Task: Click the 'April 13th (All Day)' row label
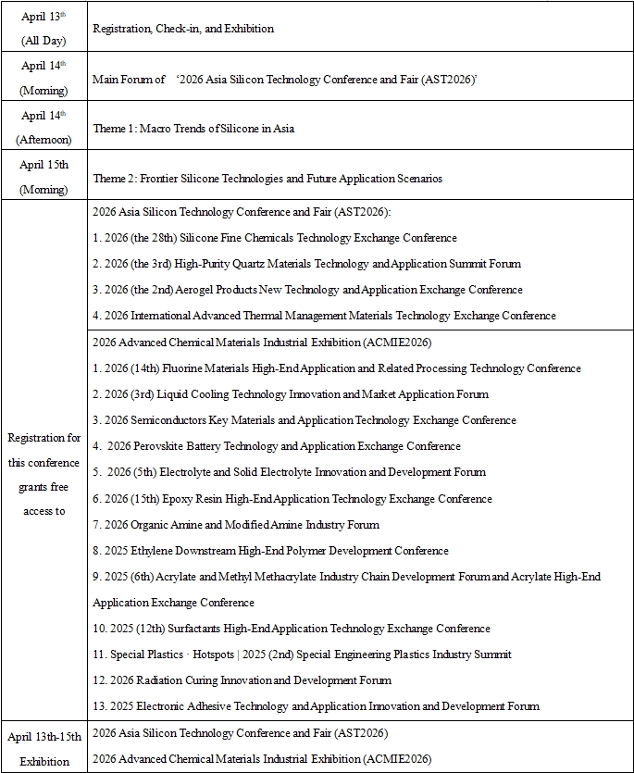(44, 29)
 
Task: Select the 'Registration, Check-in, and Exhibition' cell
(183, 29)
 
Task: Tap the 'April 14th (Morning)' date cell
(44, 79)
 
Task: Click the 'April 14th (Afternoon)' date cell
(44, 128)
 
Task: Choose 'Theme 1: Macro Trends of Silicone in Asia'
(193, 129)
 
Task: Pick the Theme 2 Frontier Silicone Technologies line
(267, 179)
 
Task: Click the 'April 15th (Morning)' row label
(44, 178)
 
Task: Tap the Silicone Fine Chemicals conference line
(275, 238)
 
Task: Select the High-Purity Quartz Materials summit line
(306, 264)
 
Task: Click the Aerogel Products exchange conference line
(307, 290)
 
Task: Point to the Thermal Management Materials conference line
(324, 316)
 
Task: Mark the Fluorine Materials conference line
(337, 368)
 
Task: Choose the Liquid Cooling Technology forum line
(291, 394)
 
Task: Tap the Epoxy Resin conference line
(292, 499)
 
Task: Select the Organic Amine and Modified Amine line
(236, 525)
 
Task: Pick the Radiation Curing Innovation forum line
(242, 680)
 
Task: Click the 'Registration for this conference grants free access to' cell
(44, 474)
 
